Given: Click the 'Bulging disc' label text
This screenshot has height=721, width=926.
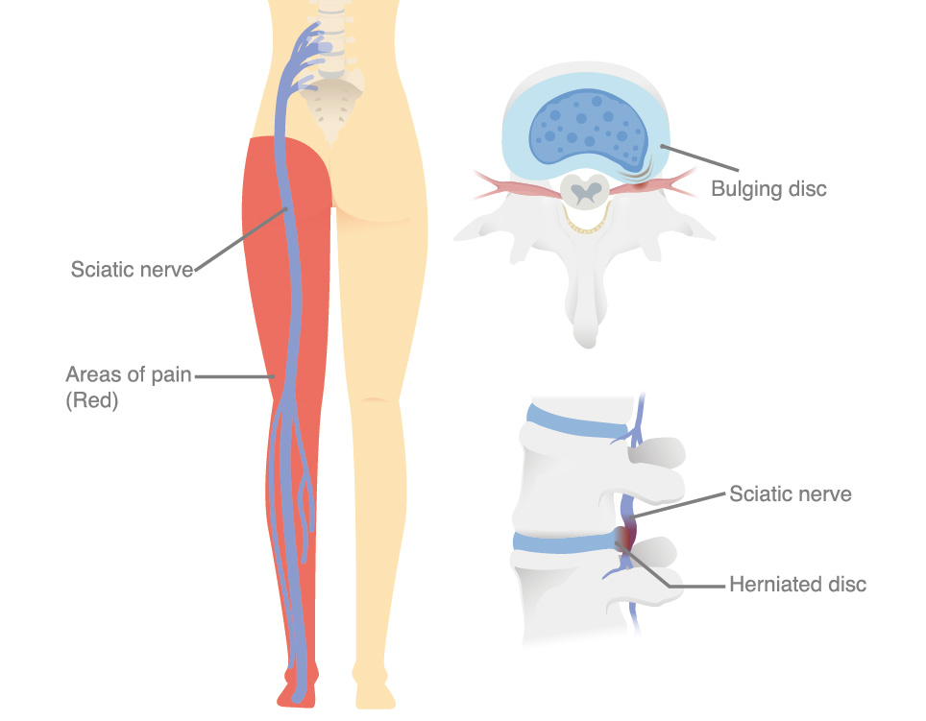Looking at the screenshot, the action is [768, 189].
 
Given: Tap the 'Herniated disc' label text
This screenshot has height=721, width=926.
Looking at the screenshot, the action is [798, 584].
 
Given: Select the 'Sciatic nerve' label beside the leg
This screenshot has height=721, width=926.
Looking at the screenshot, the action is [132, 270].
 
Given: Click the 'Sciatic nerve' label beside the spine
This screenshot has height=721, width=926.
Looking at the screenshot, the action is [791, 493].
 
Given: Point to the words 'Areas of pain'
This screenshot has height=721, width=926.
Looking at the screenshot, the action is [129, 374].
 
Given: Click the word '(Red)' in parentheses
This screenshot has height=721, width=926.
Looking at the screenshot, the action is [92, 400].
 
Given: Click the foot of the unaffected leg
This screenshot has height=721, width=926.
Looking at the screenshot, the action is [374, 687].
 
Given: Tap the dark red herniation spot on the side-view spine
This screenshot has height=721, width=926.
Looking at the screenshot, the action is [625, 538].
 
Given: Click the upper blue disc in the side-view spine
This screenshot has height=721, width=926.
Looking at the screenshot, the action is [577, 421].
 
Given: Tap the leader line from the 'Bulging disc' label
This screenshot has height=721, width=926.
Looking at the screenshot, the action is [700, 158].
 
